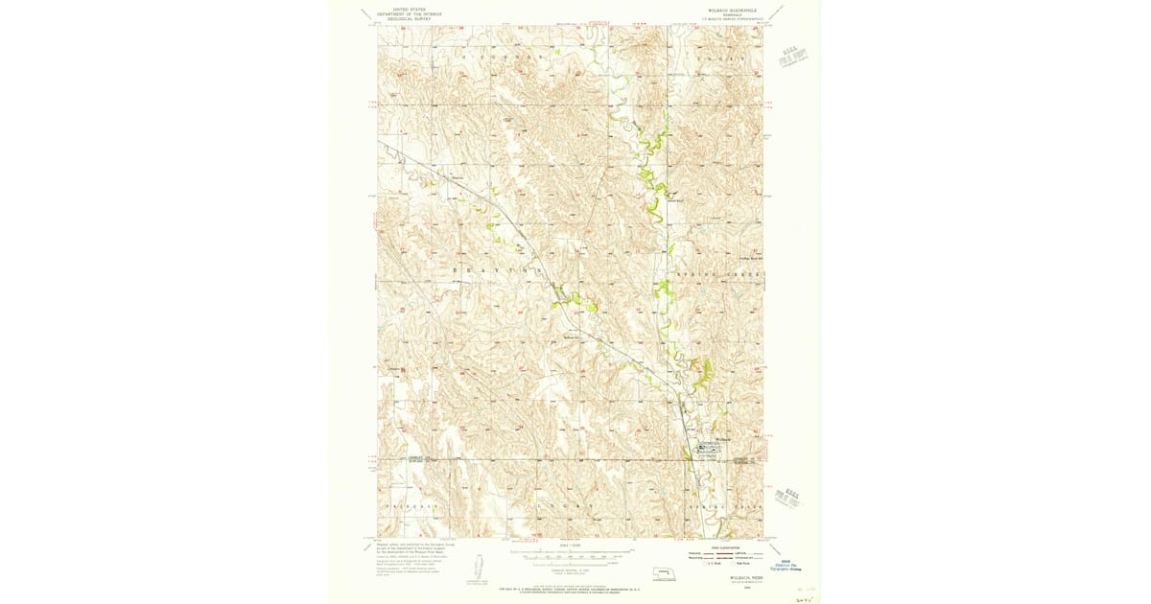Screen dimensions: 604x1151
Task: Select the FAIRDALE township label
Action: [x=410, y=504]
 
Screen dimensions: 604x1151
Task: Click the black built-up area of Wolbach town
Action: [x=708, y=447]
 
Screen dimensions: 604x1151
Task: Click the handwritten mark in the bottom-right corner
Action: [x=803, y=595]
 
